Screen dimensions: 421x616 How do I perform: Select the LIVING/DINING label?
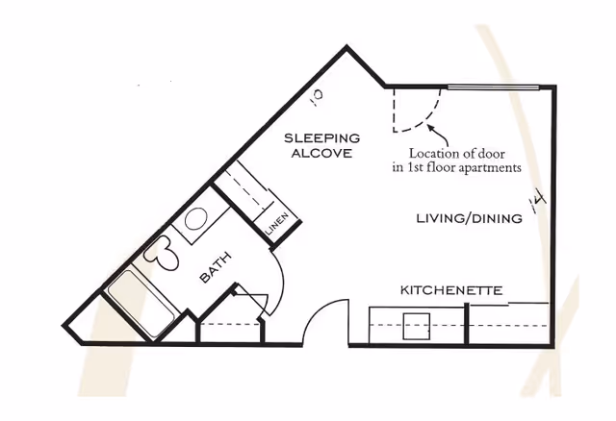pos(469,219)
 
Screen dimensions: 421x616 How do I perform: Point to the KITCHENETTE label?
pos(451,289)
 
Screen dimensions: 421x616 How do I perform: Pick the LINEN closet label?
pos(276,224)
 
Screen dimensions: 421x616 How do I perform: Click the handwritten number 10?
pos(318,95)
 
